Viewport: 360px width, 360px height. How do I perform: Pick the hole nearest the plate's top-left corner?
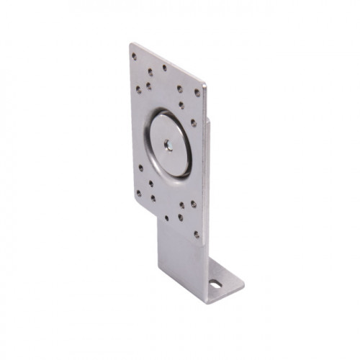(x=134, y=56)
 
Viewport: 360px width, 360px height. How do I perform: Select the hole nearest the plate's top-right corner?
(x=197, y=92)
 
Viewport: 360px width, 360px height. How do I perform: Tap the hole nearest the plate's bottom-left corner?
(x=140, y=192)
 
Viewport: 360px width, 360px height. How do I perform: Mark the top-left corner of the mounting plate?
(x=130, y=44)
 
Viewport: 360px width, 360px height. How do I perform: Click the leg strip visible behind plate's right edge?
(x=209, y=144)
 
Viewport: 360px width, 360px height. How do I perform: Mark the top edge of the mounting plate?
(x=167, y=63)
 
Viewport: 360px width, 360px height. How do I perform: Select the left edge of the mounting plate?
(x=132, y=122)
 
